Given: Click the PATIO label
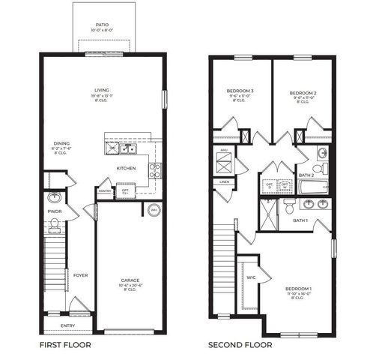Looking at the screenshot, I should (103, 23).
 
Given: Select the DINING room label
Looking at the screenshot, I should (62, 143).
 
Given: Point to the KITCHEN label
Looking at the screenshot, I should (127, 168).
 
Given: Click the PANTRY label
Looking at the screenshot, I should (105, 190).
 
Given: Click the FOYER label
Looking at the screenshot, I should (80, 275).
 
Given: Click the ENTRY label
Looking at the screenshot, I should (68, 325).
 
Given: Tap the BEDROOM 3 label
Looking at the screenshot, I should (240, 91).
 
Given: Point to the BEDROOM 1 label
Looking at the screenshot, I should (298, 289).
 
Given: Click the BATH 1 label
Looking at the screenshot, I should (300, 220).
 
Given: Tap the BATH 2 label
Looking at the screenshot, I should (306, 175).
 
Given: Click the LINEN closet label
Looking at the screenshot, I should (225, 181).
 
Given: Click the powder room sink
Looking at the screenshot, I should (53, 199).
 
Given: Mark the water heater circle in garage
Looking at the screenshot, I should (154, 210).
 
